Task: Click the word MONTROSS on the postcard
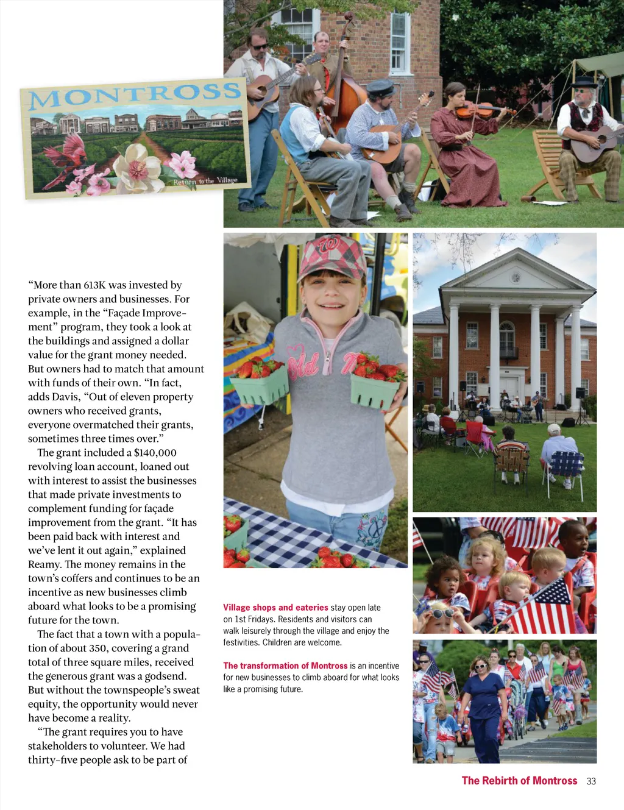[135, 94]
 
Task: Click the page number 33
[591, 781]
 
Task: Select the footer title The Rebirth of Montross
[519, 781]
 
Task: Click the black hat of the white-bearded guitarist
[584, 82]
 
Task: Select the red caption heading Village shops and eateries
[275, 608]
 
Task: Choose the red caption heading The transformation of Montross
[285, 666]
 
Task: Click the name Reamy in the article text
[44, 565]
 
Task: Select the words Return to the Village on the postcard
[205, 181]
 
